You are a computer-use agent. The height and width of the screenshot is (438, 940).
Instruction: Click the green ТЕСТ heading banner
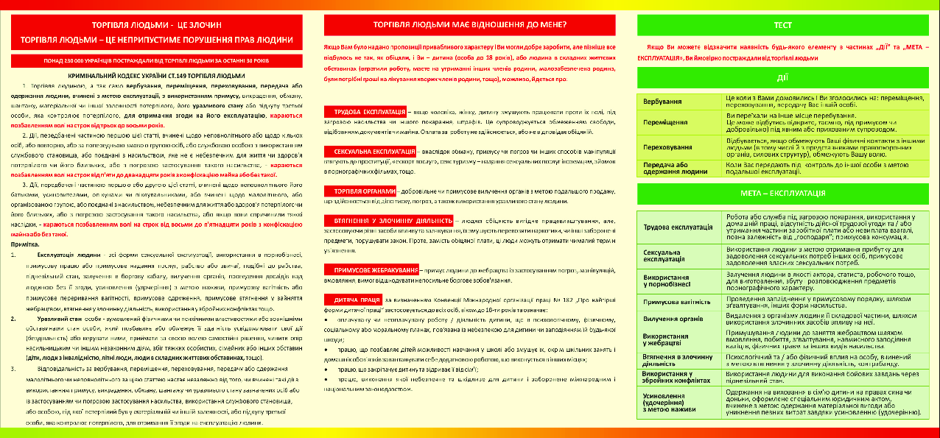(783, 25)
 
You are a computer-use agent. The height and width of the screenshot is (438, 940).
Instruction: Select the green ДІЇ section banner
(783, 77)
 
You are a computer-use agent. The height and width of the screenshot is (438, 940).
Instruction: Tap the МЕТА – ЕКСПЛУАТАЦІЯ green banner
(783, 193)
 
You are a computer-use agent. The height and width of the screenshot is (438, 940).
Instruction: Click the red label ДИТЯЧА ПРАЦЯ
(353, 300)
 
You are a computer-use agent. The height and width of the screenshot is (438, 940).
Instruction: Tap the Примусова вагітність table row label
(676, 302)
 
